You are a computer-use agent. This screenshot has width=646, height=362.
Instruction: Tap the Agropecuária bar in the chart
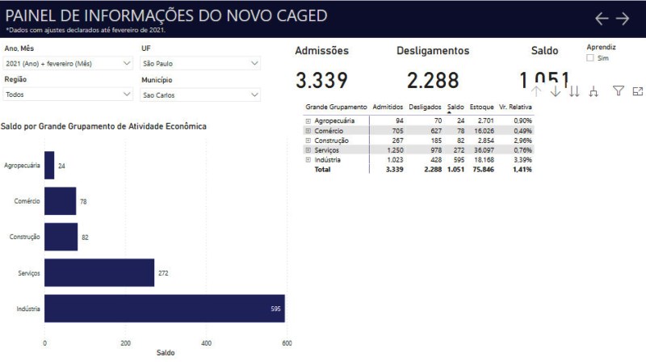[49, 166]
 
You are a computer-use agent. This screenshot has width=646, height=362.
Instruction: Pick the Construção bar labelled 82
[61, 237]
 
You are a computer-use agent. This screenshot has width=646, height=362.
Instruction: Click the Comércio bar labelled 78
[60, 201]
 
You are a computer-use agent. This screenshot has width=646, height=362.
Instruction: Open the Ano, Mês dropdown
[69, 63]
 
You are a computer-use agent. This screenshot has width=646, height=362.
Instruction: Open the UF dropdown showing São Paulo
[200, 63]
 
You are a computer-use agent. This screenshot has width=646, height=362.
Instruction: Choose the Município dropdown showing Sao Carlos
[200, 95]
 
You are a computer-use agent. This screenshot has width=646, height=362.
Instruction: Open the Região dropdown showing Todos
[69, 95]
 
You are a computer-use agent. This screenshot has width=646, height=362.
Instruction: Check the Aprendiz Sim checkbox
[590, 58]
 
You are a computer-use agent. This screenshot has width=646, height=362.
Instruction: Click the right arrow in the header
[623, 18]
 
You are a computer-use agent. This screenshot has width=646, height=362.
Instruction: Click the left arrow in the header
[602, 18]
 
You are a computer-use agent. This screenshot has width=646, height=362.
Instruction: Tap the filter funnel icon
[619, 91]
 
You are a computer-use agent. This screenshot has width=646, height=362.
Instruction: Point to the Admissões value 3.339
[321, 80]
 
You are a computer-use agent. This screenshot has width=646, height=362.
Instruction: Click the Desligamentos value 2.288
[433, 80]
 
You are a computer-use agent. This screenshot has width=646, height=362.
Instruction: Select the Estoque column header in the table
[482, 107]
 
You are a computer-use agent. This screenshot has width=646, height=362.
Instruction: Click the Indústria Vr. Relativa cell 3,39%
[522, 160]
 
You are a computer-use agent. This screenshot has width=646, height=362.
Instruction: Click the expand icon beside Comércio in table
[308, 130]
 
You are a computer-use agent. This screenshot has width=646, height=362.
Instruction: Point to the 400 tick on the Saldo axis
[207, 343]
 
